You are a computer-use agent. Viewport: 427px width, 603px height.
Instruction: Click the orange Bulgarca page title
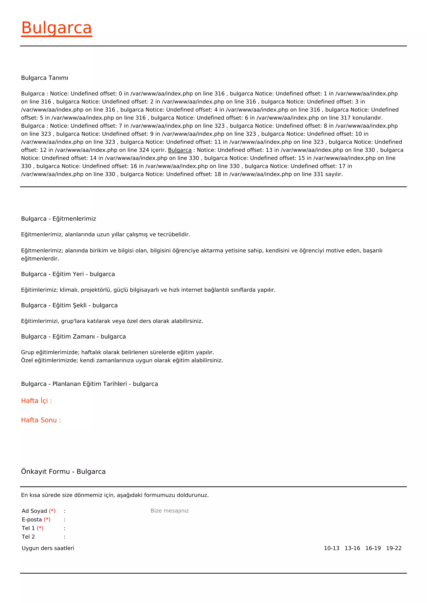tap(57, 28)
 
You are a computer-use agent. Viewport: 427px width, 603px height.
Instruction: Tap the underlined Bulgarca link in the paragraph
tap(180, 150)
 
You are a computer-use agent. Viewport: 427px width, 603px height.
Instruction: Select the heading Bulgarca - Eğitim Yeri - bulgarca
tap(68, 274)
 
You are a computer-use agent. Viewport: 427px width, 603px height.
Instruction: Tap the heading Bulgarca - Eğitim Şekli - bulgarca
tap(69, 305)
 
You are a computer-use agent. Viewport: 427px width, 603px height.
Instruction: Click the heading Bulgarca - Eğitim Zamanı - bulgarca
tap(73, 336)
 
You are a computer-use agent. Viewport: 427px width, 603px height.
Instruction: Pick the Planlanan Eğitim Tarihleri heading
tap(89, 384)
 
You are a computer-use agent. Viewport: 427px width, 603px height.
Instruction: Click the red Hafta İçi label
tap(36, 401)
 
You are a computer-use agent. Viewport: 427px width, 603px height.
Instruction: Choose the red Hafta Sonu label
tap(41, 420)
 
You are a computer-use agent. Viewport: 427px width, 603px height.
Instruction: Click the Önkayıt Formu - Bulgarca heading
tap(63, 471)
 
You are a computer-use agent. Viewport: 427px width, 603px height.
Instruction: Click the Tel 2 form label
tap(28, 537)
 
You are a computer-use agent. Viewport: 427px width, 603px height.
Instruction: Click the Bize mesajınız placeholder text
tap(170, 511)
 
